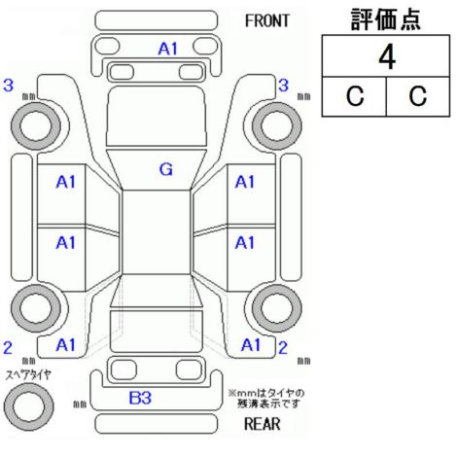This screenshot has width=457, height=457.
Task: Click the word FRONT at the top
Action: tap(266, 21)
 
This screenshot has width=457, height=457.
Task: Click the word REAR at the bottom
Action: tap(262, 424)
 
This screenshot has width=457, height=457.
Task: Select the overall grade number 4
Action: tap(387, 57)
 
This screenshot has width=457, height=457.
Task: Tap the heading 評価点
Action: tap(386, 19)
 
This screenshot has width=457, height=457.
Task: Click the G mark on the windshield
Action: tap(166, 169)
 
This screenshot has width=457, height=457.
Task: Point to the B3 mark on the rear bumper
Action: tap(140, 398)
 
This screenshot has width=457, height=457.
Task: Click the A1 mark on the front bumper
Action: tap(168, 50)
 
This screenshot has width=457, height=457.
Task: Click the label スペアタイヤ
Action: tap(28, 375)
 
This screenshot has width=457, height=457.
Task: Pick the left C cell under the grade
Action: tap(354, 96)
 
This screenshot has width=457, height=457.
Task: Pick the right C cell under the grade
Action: tap(418, 96)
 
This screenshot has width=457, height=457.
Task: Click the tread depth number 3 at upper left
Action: tap(9, 86)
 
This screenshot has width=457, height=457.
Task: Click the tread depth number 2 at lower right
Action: tap(283, 348)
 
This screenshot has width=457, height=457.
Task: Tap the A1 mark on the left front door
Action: tap(65, 182)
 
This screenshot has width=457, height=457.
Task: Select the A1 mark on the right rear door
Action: tap(245, 243)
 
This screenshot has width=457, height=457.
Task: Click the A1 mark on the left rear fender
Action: tap(65, 345)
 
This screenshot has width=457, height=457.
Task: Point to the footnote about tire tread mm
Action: tap(266, 399)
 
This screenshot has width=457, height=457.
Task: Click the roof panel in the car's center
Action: tap(157, 232)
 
